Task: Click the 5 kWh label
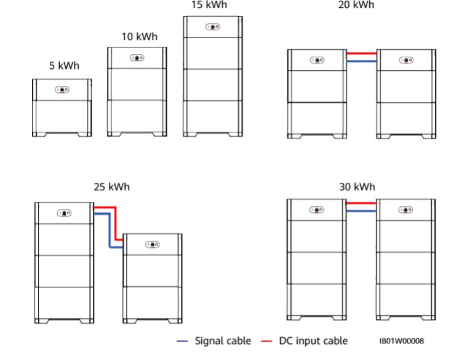click(64, 66)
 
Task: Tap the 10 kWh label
click(139, 37)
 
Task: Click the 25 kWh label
click(112, 186)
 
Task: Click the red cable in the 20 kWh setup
click(361, 54)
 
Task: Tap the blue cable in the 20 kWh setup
click(361, 62)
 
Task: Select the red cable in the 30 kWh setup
click(361, 203)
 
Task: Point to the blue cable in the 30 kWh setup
click(361, 211)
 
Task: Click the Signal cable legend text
click(223, 341)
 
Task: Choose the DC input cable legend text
click(313, 341)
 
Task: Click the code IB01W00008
click(402, 341)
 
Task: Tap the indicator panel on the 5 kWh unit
click(62, 89)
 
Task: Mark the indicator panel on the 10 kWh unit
click(137, 58)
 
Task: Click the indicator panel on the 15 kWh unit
click(213, 27)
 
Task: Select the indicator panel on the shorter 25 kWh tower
click(153, 244)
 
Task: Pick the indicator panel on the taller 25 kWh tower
click(64, 213)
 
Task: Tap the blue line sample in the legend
click(183, 341)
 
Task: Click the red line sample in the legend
click(266, 341)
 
